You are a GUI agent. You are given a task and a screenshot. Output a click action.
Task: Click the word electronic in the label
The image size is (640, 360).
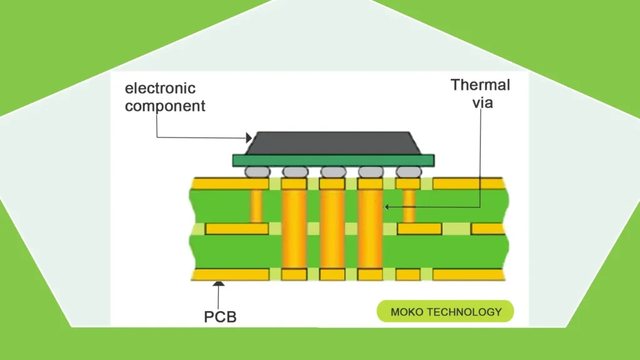coord(160,88)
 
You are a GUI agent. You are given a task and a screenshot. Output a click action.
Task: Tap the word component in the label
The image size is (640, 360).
coord(165,106)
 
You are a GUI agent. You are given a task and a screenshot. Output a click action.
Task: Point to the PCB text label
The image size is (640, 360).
coord(221,317)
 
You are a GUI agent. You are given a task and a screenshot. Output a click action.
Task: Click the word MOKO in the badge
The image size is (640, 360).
coord(406,311)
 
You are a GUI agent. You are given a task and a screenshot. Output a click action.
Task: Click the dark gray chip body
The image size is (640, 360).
coord(331,143)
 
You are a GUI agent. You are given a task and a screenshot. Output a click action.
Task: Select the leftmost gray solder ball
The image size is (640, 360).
coord(256,171)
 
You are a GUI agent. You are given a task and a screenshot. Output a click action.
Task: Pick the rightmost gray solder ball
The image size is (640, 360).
coord(409,171)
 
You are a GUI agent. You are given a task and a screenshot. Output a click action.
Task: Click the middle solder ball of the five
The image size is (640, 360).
coord(332,171)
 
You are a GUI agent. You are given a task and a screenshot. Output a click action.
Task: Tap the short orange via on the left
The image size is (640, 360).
coord(256,206)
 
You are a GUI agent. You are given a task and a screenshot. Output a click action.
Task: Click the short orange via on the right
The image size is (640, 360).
coord(409,206)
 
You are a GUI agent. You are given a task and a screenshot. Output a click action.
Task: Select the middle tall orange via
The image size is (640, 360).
coord(332,228)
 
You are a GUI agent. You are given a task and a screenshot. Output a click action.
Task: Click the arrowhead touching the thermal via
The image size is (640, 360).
coord(388,206)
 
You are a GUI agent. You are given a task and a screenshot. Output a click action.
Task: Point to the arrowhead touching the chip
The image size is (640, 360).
coord(249,137)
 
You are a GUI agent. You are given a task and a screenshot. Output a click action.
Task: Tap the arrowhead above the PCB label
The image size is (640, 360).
coord(218,285)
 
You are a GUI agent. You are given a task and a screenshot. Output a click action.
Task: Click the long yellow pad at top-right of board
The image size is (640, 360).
coord(468,184)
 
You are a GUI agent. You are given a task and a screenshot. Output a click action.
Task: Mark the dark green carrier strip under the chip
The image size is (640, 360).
coord(332,160)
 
